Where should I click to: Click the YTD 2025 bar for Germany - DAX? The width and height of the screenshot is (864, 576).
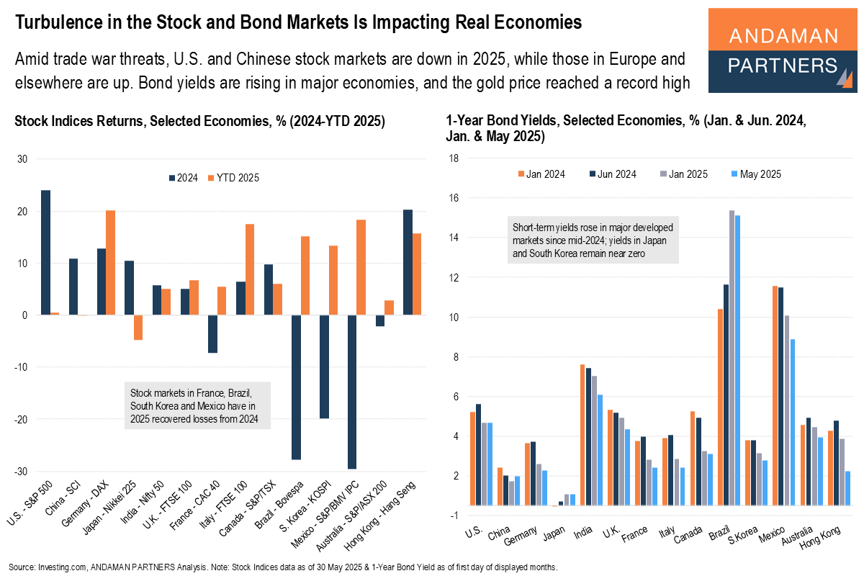coord(110,263)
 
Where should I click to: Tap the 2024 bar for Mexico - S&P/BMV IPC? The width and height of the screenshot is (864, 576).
coord(352,392)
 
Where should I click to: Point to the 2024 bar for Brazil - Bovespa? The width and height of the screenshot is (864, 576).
coord(297,387)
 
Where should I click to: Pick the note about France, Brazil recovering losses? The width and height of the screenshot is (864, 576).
coord(197,406)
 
